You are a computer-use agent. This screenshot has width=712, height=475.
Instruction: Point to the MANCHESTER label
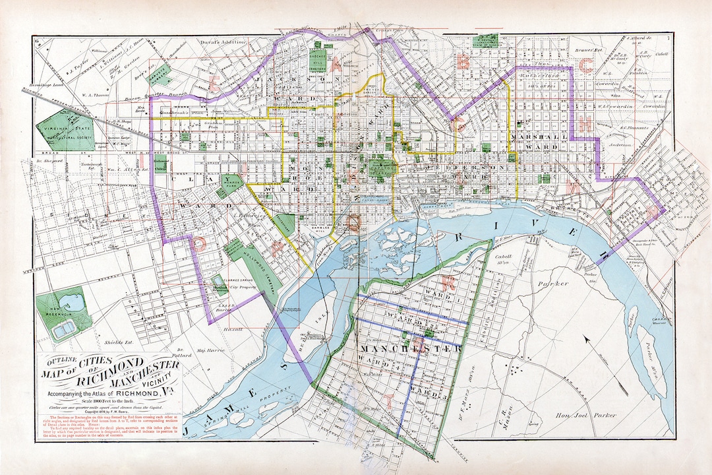coord(409,348)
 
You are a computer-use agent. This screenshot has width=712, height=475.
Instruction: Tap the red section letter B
coord(463,62)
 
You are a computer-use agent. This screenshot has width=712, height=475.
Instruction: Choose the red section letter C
coord(585,65)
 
